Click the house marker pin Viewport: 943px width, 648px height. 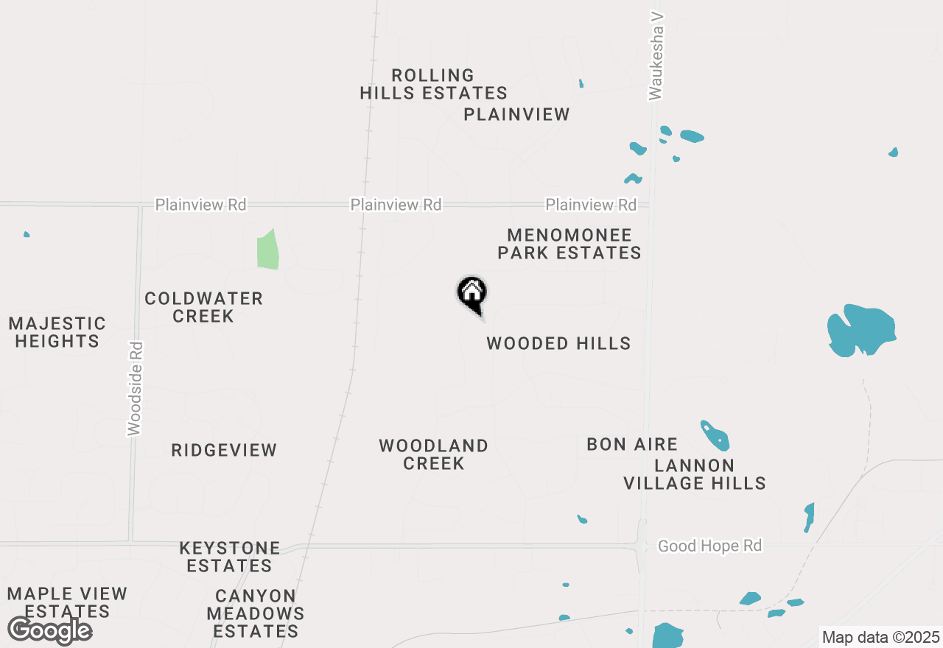click(x=472, y=294)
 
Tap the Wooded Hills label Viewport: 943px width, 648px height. click(x=558, y=343)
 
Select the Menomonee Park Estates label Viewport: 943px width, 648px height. click(x=569, y=244)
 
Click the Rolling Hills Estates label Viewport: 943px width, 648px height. click(x=433, y=84)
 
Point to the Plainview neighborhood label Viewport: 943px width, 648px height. click(x=516, y=114)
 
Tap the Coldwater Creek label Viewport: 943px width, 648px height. click(x=203, y=307)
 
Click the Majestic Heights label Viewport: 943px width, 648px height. click(x=57, y=332)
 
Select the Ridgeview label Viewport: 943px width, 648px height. click(x=224, y=450)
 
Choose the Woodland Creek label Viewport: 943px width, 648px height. click(x=433, y=454)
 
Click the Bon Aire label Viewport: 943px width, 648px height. click(x=632, y=444)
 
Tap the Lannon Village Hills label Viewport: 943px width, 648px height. click(x=694, y=474)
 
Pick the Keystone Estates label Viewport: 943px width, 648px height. click(x=230, y=557)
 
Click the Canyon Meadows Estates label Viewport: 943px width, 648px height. click(x=256, y=613)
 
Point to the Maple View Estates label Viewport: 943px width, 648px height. click(x=67, y=602)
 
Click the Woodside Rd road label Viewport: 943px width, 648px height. click(x=134, y=388)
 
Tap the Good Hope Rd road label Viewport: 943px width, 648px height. click(x=709, y=546)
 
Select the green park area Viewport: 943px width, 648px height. click(x=267, y=250)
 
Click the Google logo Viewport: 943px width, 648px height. click(x=49, y=630)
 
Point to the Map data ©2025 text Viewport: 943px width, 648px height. click(x=880, y=637)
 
